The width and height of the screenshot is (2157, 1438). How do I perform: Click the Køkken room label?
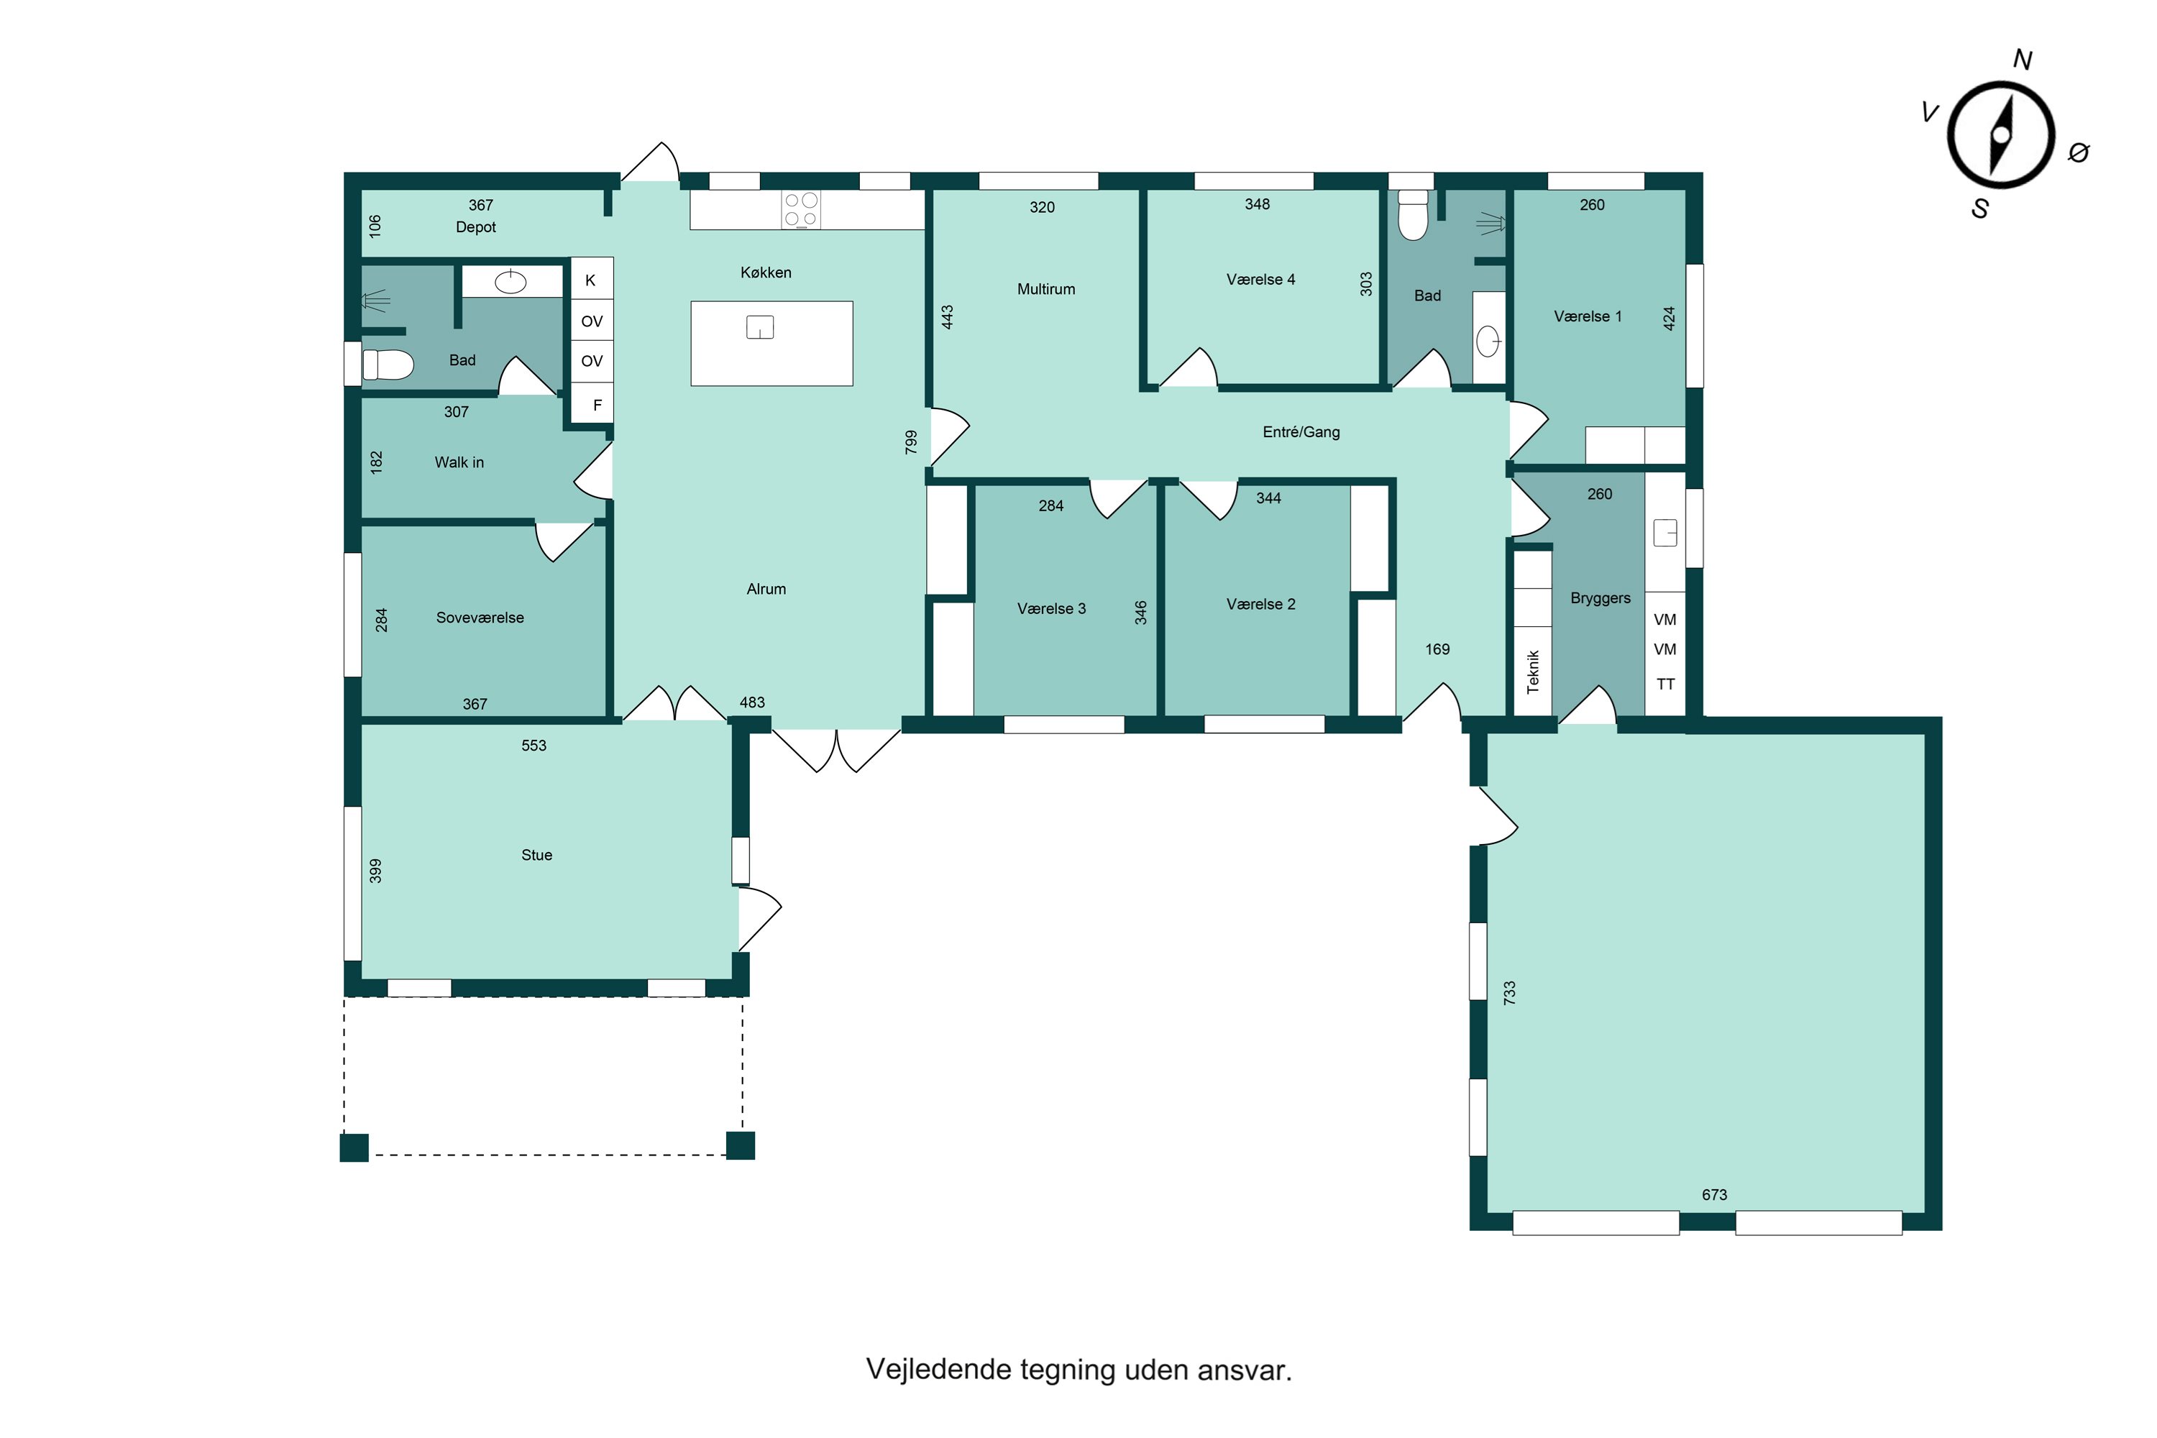point(766,273)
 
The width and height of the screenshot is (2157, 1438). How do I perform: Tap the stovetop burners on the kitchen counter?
point(801,209)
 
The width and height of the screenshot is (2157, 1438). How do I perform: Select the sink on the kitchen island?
point(760,326)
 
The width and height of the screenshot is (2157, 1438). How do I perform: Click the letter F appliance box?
point(592,403)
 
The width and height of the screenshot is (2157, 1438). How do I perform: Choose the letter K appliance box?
point(592,280)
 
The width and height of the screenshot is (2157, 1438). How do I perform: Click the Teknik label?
point(1532,672)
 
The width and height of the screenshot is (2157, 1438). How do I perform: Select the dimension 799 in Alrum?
point(911,442)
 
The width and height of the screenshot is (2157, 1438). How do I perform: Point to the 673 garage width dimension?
point(1714,1194)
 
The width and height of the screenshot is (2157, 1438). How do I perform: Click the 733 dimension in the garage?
point(1509,992)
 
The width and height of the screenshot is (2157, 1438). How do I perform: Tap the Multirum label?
point(1046,289)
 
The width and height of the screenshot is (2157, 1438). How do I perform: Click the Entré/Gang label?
point(1301,432)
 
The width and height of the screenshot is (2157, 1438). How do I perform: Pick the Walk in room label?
point(459,462)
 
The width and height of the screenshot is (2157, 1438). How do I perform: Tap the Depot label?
point(476,227)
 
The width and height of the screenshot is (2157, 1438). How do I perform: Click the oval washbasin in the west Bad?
point(510,283)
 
